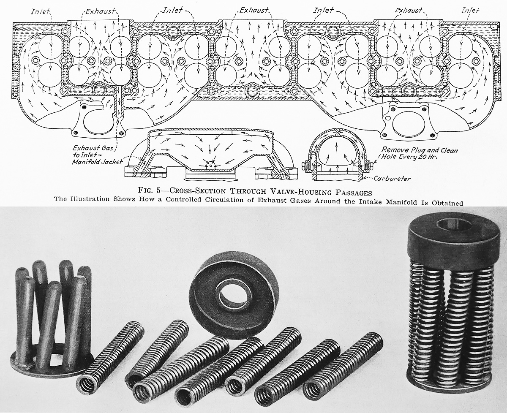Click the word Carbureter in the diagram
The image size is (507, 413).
[392, 179]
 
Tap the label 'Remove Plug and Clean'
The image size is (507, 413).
[420, 150]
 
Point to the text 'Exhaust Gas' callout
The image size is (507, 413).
[93, 148]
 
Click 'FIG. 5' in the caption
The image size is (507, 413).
[150, 190]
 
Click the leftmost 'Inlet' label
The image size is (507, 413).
[40, 11]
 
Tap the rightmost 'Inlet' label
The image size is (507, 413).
[470, 11]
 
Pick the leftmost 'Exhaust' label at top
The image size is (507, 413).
[100, 11]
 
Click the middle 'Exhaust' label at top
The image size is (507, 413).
[254, 10]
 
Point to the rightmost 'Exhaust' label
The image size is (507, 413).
[409, 10]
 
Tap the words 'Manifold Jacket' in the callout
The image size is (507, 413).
[97, 162]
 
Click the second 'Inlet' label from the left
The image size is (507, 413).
[172, 10]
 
